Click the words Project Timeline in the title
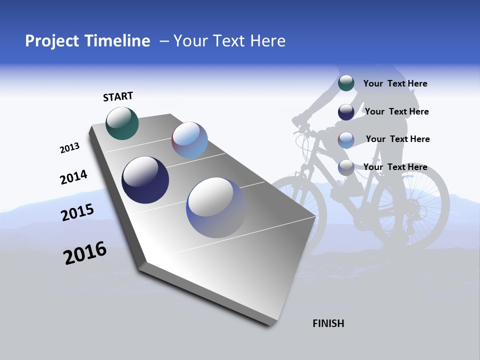[x=87, y=41]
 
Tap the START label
[x=118, y=96]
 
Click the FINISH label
[x=328, y=323]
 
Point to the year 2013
[x=69, y=148]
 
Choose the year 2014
[x=73, y=177]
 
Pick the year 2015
[x=77, y=212]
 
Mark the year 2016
[x=85, y=253]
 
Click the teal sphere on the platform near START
[x=122, y=123]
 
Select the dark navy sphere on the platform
[x=145, y=180]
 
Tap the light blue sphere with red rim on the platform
[x=189, y=140]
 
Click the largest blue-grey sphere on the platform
[x=216, y=207]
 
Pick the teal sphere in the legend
[x=346, y=83]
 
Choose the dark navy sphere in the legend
[x=346, y=111]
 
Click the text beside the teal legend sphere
[x=395, y=83]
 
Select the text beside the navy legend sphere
[x=396, y=111]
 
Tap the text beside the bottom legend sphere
[x=395, y=167]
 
